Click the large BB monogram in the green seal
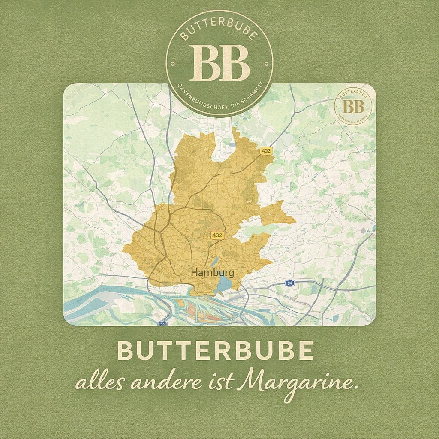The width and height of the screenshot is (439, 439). point(219,63)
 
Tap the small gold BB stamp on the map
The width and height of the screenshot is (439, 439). point(354,106)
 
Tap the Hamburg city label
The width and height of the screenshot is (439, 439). point(213,273)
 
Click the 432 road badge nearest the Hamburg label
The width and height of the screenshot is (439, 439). point(217,235)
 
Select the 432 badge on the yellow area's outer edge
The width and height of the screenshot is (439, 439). point(266,151)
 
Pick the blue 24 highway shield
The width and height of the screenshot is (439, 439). point(290,283)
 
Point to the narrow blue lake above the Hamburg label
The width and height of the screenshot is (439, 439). point(214,262)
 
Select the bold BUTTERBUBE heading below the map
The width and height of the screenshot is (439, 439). point(215,352)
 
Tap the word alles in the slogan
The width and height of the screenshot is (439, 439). point(99,383)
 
